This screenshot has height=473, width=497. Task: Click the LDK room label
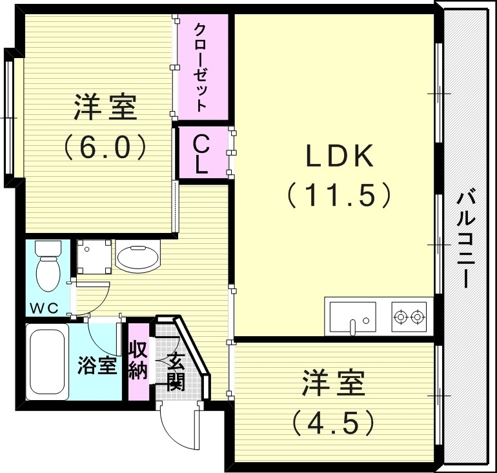tap(340, 155)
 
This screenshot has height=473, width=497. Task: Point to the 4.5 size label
tap(333, 423)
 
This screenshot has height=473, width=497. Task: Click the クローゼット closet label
tap(202, 67)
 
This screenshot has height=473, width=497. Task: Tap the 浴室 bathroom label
tap(97, 365)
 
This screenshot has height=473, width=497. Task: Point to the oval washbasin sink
tap(137, 256)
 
